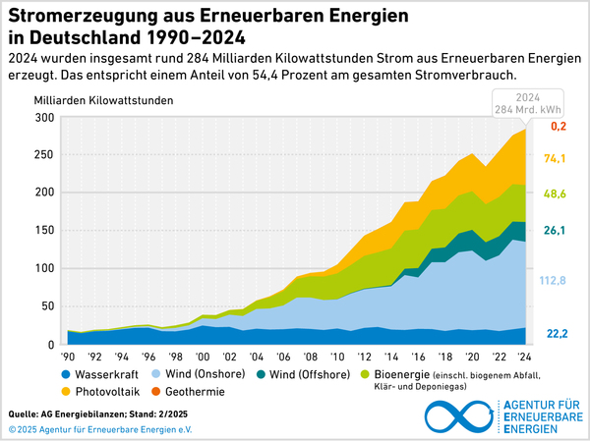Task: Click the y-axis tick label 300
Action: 44,118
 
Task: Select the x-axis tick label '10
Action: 339,355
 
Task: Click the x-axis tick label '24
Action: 527,355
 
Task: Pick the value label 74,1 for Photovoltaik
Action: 557,159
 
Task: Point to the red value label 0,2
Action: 559,127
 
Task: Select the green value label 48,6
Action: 557,194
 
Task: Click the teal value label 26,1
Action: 557,231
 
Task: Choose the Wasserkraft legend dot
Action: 65,374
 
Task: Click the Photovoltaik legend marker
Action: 65,391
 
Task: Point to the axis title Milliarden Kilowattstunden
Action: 103,100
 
